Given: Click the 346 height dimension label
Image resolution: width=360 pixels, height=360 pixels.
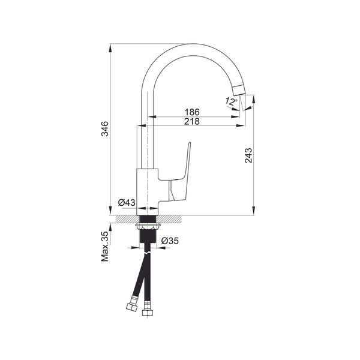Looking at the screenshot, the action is click(x=105, y=128).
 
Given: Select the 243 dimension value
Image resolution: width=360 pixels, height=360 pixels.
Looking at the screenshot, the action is click(x=248, y=155).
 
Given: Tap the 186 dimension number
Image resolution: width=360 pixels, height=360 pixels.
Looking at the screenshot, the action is click(x=192, y=112).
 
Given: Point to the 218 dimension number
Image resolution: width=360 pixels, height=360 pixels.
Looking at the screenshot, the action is click(x=192, y=121).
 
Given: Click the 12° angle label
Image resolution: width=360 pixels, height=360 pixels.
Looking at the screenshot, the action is click(x=231, y=101).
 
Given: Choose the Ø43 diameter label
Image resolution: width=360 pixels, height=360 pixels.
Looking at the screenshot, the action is click(x=127, y=203).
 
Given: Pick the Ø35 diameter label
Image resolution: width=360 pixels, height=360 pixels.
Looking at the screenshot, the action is click(x=170, y=241).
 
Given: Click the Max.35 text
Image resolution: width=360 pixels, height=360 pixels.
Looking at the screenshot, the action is click(x=105, y=247).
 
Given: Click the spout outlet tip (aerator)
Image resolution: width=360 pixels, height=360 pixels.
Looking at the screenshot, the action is click(x=239, y=90).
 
